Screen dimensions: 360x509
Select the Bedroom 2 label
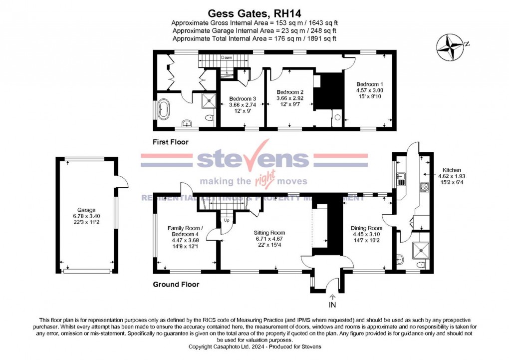pyautogui.click(x=290, y=92)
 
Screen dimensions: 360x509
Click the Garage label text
pyautogui.click(x=86, y=210)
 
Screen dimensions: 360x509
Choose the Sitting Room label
pyautogui.click(x=269, y=233)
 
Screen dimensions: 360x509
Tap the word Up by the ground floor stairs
pyautogui.click(x=227, y=220)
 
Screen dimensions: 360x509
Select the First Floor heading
pyautogui.click(x=171, y=142)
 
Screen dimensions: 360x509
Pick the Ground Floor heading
pyautogui.click(x=176, y=285)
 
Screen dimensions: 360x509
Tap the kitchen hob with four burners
pyautogui.click(x=424, y=188)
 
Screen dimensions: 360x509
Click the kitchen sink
pyautogui.click(x=402, y=177)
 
